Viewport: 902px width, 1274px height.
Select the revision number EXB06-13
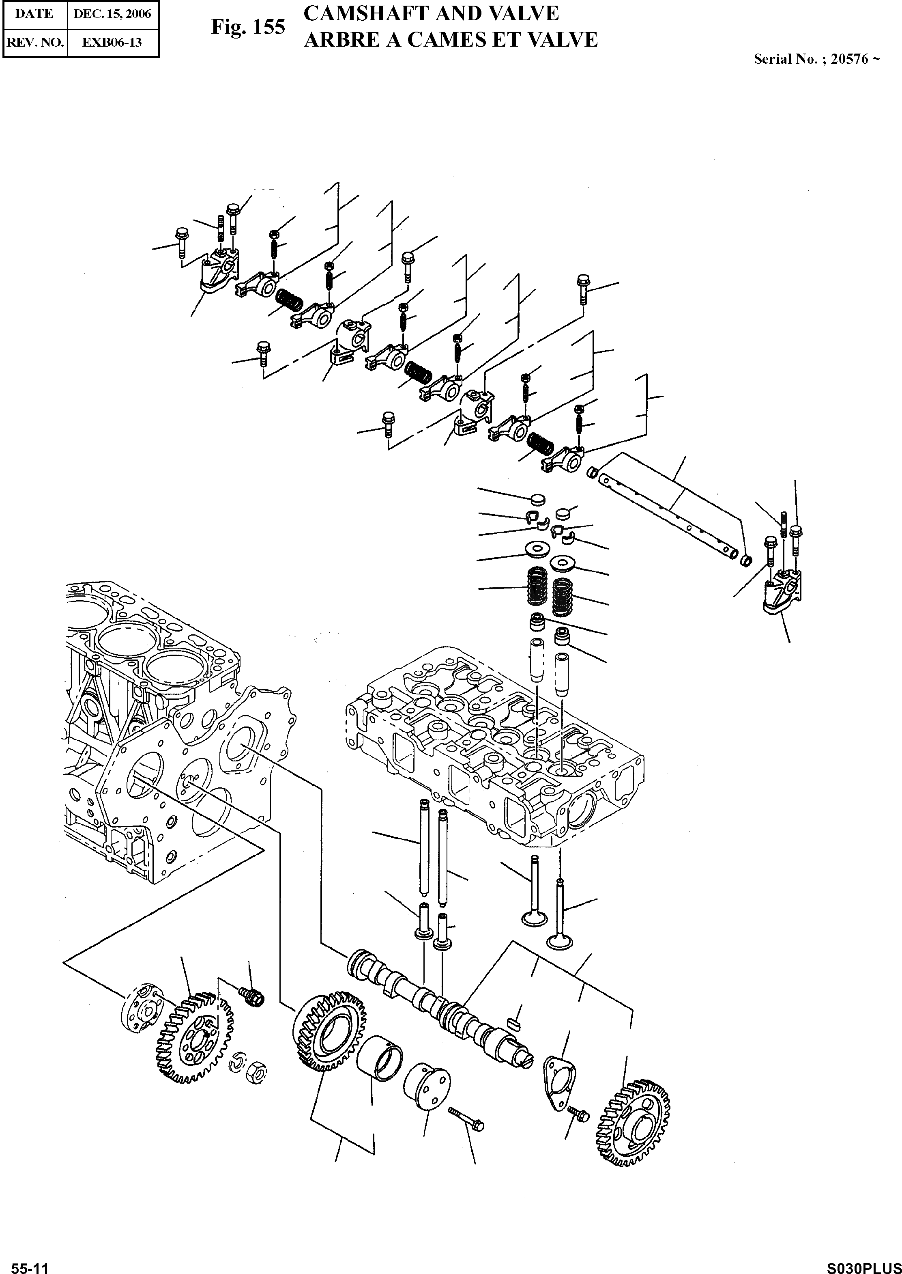click(x=112, y=42)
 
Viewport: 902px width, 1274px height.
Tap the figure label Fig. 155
click(x=248, y=27)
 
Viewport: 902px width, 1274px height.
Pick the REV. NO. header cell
click(x=34, y=42)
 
